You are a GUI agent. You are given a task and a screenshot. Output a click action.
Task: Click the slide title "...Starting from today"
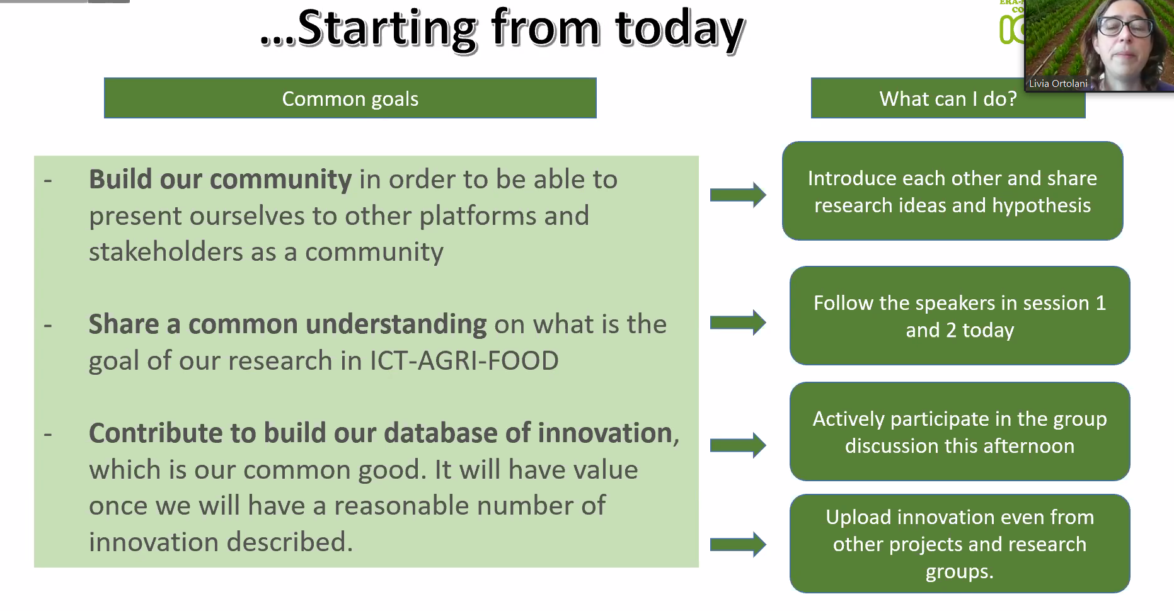502,29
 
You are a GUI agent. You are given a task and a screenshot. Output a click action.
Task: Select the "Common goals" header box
350,98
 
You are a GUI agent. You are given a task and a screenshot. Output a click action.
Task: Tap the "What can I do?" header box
948,98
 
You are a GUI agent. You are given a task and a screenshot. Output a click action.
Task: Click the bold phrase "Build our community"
220,180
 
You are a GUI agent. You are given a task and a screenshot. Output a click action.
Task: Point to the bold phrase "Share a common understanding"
287,324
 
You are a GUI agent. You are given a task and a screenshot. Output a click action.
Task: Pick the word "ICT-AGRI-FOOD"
464,361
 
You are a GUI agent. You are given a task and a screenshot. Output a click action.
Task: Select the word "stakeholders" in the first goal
166,252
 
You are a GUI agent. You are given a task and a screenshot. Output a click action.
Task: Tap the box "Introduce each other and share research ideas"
952,191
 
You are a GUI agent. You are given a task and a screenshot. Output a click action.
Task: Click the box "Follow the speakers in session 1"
959,316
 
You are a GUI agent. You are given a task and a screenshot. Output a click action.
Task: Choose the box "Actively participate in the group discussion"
959,431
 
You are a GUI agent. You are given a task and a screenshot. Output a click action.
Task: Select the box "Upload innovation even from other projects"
959,544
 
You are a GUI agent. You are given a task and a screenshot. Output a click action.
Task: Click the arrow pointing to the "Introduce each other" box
738,195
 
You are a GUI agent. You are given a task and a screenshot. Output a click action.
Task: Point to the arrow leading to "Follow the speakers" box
738,323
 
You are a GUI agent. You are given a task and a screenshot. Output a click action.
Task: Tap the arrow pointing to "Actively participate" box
738,445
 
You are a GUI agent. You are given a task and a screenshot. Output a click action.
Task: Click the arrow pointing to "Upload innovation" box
738,544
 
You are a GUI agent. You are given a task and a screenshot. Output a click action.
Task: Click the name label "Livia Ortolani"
1058,83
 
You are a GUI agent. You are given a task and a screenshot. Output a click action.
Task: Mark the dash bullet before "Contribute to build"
48,434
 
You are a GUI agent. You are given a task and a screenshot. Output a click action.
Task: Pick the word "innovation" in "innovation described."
154,542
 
